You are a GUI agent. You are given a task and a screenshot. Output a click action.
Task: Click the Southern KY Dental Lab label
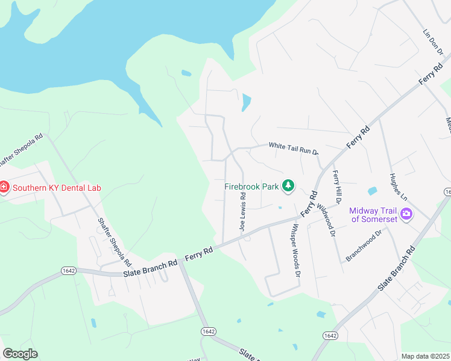tap(57, 187)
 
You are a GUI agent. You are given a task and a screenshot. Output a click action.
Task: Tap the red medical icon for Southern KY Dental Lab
tap(4, 187)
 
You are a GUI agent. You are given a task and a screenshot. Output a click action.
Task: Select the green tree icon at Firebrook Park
tap(288, 186)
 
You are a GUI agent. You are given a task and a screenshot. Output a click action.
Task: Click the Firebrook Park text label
tap(251, 187)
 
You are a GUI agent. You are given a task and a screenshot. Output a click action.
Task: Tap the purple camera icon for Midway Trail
tap(406, 214)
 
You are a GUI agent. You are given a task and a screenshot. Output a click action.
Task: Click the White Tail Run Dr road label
tap(293, 148)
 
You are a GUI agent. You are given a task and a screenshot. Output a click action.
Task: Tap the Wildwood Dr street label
tap(327, 220)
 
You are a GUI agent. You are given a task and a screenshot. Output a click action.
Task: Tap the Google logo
tap(20, 353)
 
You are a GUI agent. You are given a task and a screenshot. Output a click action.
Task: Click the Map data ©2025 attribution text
tap(426, 356)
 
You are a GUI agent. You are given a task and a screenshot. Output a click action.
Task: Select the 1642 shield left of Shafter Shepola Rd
tap(68, 271)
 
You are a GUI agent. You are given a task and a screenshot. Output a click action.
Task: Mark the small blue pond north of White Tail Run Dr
tap(246, 102)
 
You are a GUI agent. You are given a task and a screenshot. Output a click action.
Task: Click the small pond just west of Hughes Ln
tap(372, 191)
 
